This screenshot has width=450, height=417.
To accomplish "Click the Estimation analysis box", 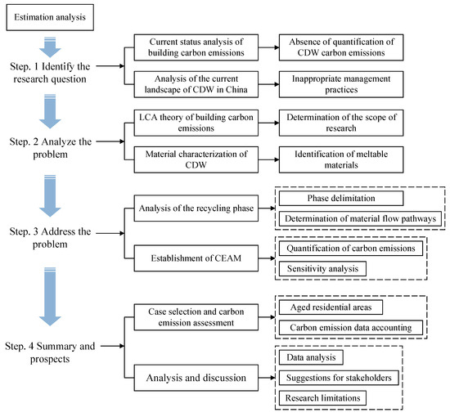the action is click(50, 17).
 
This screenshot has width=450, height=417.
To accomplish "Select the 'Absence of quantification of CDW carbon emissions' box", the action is click(341, 47).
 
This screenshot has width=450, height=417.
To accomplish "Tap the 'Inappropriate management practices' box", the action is click(341, 84).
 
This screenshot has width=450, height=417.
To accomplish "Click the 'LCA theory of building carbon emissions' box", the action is click(196, 123).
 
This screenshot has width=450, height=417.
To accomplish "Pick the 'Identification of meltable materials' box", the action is click(341, 159).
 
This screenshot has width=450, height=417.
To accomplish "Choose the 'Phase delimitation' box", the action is click(341, 198).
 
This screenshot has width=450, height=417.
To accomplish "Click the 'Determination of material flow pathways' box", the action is click(360, 219).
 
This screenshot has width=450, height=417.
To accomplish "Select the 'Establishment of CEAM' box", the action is click(196, 258).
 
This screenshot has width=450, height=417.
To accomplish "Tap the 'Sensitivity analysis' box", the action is click(322, 269).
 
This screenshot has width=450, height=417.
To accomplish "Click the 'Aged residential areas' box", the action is click(331, 307).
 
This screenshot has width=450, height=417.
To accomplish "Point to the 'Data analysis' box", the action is click(311, 357).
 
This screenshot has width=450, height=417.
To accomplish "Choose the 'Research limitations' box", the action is click(322, 398).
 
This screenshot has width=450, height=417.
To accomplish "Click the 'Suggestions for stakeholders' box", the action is click(339, 378).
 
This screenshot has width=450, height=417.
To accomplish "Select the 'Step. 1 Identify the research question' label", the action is click(50, 73).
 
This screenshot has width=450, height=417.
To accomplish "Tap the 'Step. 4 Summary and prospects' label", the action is click(50, 352).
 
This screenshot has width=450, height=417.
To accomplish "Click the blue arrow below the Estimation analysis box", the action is click(50, 47).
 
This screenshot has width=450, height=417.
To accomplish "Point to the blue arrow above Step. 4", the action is click(50, 297).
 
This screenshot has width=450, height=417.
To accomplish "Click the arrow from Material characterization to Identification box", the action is click(268, 159).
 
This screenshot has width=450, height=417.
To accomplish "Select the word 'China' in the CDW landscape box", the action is click(236, 89).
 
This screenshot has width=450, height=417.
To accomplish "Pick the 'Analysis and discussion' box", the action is click(196, 378).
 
